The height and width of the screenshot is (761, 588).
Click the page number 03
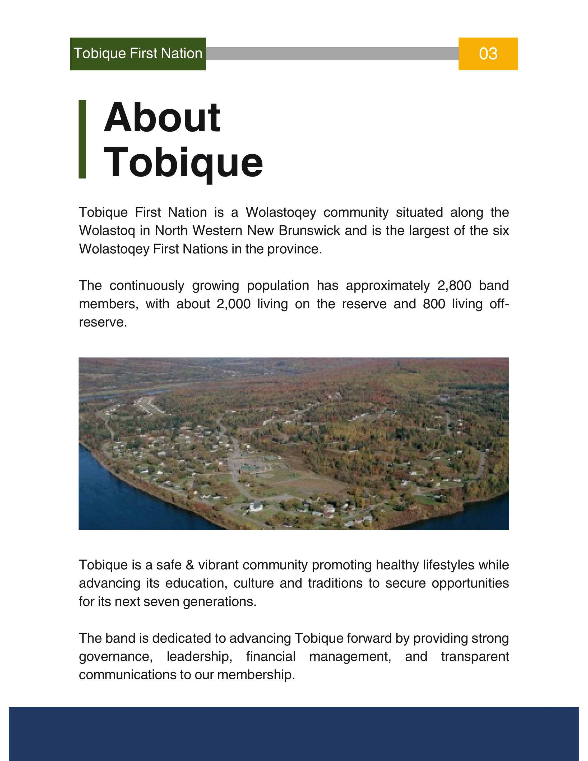488,54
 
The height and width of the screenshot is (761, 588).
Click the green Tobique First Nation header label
138,54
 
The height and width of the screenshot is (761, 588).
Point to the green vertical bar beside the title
82,139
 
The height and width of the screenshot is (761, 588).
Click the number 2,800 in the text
454,286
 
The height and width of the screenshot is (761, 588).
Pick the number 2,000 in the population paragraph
233,304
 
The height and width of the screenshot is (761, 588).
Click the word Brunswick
309,231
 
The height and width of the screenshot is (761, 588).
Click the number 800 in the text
434,304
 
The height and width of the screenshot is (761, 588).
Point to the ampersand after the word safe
190,565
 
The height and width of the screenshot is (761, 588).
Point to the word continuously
147,286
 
